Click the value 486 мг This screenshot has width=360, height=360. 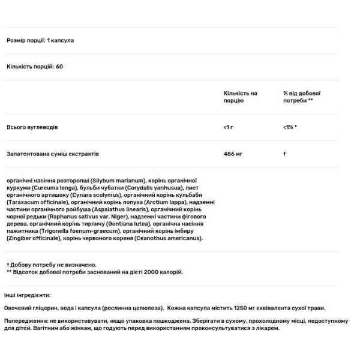[x=232, y=154]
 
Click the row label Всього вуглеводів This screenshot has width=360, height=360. [x=32, y=128]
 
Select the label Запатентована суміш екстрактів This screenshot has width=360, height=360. [x=52, y=154]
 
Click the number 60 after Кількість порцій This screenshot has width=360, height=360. [x=59, y=66]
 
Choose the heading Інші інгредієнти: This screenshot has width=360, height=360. [x=29, y=295]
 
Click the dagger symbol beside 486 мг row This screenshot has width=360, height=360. [x=284, y=154]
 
